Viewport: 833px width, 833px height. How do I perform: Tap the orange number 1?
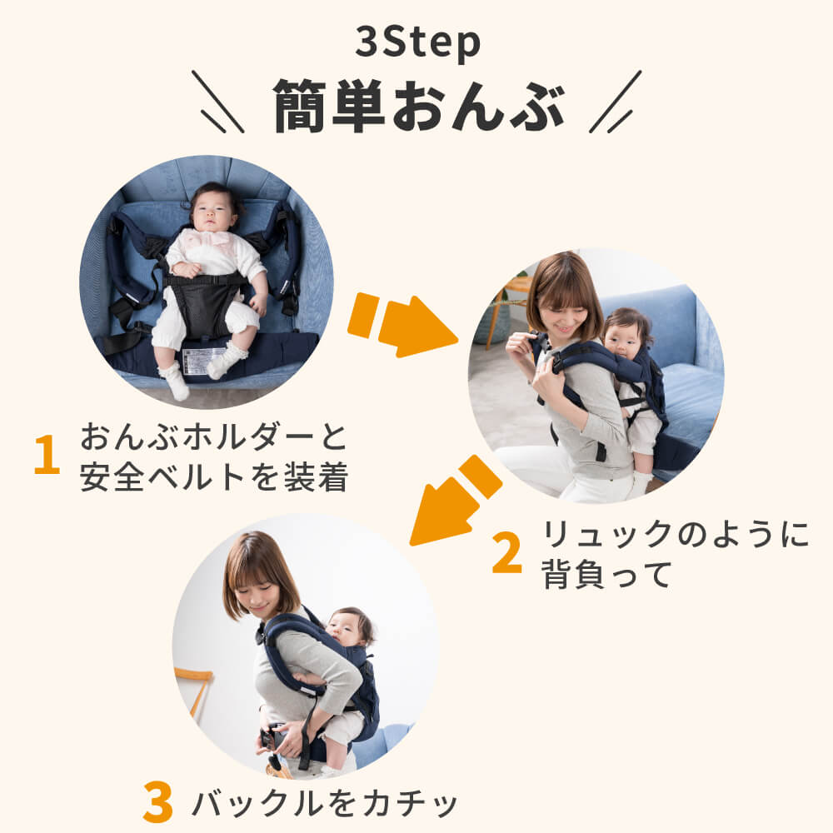47,454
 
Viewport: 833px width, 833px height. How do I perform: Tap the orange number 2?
506,553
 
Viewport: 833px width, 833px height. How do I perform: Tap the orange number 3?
158,802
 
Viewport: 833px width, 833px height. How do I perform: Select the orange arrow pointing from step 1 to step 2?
402,325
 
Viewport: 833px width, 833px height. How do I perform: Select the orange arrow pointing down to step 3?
456,501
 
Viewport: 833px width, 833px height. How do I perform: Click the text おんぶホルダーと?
213,436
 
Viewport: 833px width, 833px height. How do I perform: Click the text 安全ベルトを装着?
213,476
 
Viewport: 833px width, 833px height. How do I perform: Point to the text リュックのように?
675,535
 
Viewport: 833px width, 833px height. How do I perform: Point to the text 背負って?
606,574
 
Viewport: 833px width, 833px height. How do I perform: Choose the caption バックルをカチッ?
325,803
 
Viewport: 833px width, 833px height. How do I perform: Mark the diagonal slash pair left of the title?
217,102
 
